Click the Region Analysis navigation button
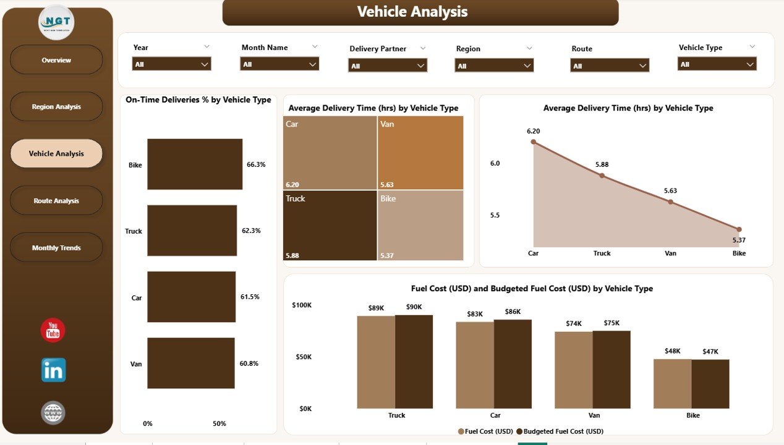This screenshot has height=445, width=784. [x=56, y=107]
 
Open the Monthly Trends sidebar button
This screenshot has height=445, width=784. [x=56, y=248]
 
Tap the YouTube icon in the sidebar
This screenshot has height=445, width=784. [x=53, y=330]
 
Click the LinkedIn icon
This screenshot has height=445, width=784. [x=53, y=370]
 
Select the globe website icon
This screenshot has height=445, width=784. [x=53, y=413]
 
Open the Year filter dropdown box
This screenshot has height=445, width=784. [x=171, y=64]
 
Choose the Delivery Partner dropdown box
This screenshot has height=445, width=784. [x=388, y=66]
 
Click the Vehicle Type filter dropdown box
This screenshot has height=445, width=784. [x=717, y=64]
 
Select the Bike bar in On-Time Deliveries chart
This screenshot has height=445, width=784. [x=195, y=164]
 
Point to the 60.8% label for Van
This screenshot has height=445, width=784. [x=249, y=363]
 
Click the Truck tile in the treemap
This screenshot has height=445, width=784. [x=330, y=225]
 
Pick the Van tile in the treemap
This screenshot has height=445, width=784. [x=420, y=153]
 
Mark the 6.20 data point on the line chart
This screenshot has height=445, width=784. [x=533, y=142]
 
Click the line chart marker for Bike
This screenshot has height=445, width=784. [x=739, y=229]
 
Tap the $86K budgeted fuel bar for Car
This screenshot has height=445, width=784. [x=513, y=364]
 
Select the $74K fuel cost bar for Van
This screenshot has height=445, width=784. [x=573, y=370]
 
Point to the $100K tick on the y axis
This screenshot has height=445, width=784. [x=302, y=305]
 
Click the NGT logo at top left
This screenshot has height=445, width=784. [x=56, y=23]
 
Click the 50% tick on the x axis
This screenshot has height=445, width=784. [x=219, y=424]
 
